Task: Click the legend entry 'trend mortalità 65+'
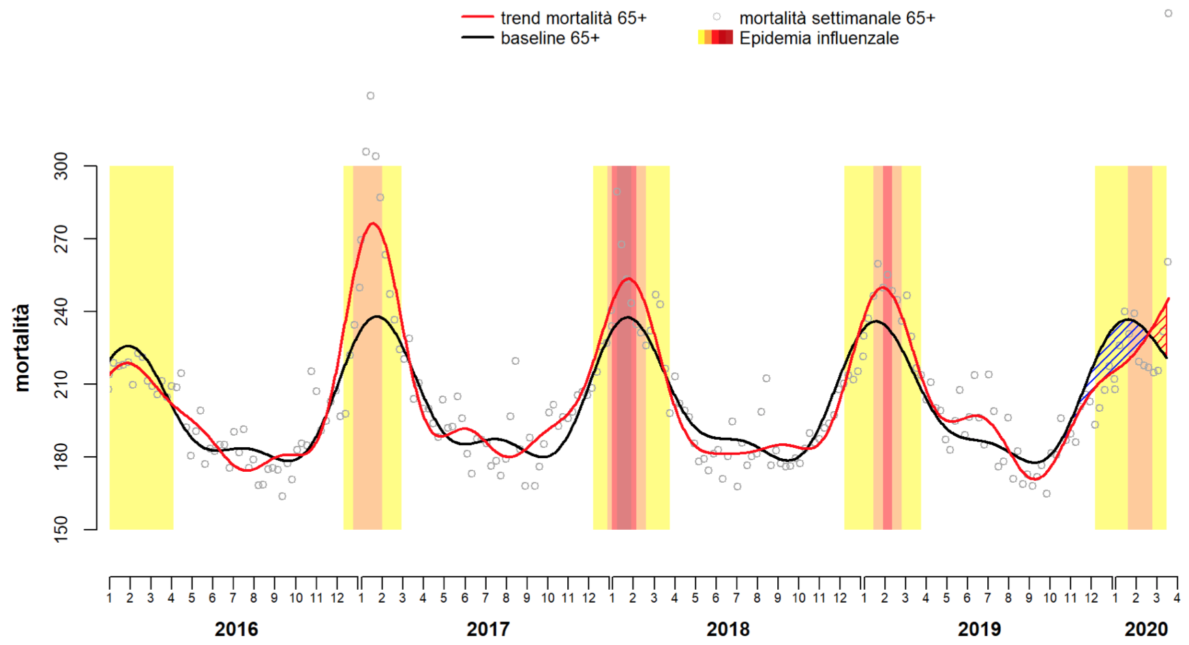(573, 18)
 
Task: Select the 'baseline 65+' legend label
(550, 38)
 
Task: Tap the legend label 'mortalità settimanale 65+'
(837, 18)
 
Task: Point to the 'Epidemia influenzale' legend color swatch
(715, 38)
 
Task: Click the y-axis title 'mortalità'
(22, 348)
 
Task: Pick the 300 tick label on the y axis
(62, 166)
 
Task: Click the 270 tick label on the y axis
(62, 239)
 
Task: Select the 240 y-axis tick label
(62, 312)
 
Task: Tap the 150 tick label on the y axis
(62, 530)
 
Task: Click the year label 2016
(236, 629)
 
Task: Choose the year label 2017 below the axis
(487, 629)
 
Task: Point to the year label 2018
(727, 629)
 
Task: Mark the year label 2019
(979, 629)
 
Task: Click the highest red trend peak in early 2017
(373, 224)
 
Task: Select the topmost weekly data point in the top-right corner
(1168, 13)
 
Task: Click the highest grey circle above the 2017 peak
(370, 96)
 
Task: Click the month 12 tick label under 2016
(337, 599)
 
